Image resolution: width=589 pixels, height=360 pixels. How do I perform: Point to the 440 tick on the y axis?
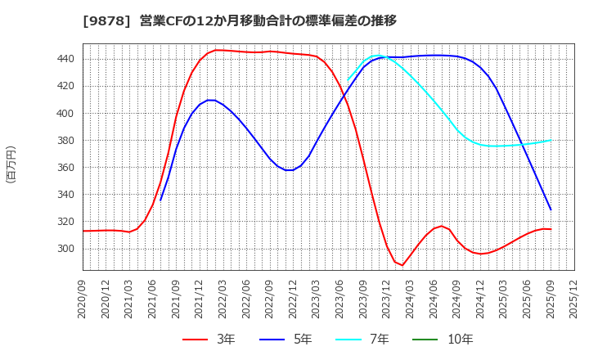click(66, 59)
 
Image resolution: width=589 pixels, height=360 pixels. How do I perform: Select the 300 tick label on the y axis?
click(66, 249)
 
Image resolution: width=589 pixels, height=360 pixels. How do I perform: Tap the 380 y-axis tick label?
click(66, 141)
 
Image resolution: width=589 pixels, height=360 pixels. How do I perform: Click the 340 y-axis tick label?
click(66, 195)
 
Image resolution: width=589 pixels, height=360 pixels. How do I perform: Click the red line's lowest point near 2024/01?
click(402, 265)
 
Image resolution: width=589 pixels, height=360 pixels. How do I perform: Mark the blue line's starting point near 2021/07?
click(160, 200)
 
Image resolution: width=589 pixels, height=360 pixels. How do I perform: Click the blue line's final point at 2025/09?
click(551, 209)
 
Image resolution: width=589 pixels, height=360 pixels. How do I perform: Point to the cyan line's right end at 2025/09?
click(551, 140)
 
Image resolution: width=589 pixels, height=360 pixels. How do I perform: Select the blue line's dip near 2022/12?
click(289, 170)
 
